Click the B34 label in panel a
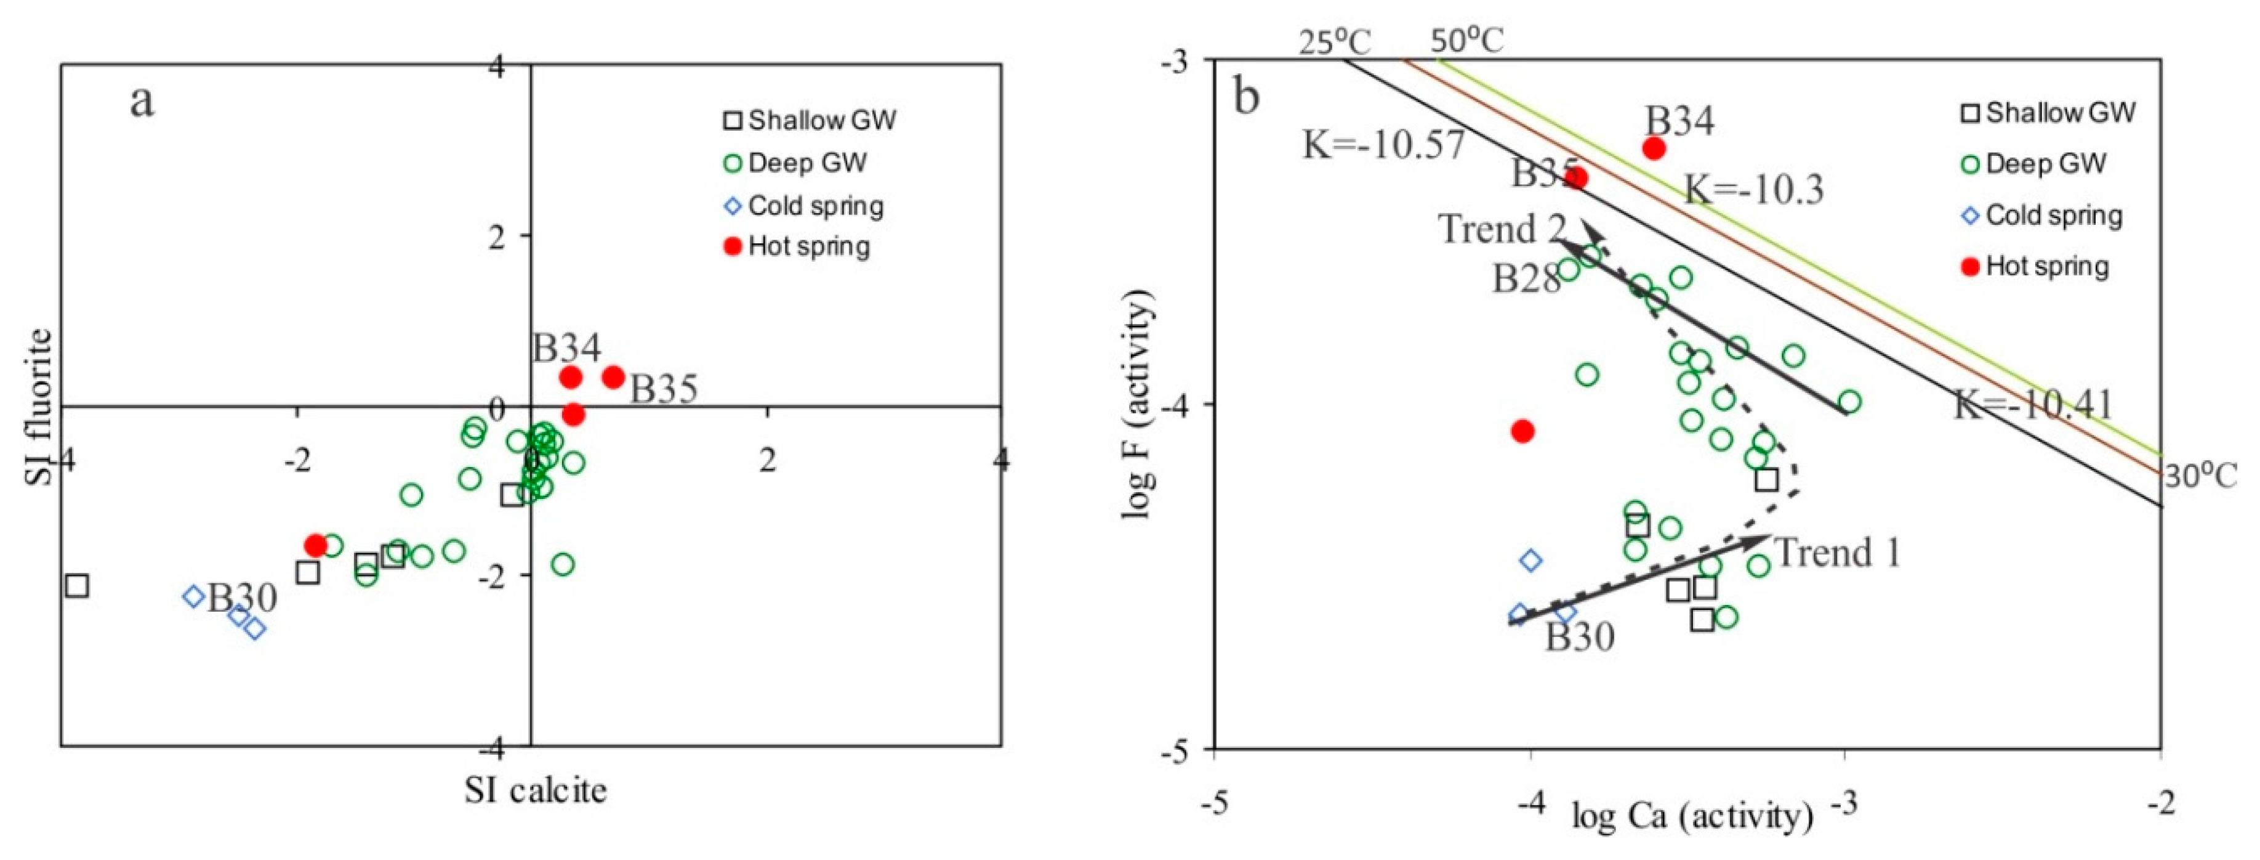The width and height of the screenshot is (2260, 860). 567,349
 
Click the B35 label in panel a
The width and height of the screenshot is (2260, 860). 664,389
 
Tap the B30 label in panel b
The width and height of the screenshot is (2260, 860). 1579,637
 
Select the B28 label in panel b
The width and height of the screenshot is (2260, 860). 1527,279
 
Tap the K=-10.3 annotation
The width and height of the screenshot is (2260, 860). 1753,189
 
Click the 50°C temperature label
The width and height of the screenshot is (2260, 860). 1467,41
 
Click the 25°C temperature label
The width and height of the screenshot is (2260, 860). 1335,41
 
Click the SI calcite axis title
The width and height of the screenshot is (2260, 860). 535,790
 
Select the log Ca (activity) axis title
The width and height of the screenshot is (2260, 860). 1692,817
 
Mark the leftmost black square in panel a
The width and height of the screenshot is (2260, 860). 77,585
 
